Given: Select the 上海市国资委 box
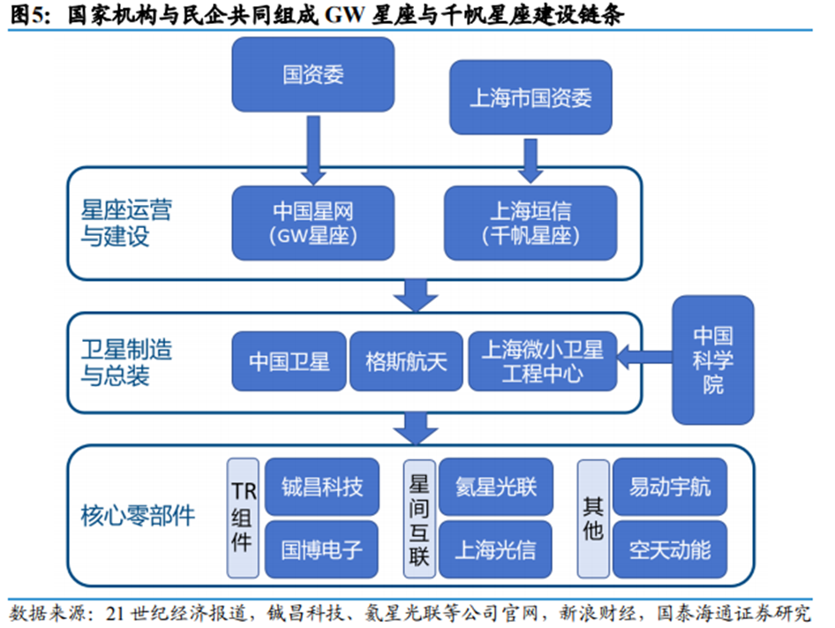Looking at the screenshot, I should tap(530, 97).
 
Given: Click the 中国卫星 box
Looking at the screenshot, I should tap(289, 361).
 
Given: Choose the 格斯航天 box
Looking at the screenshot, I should tap(406, 361).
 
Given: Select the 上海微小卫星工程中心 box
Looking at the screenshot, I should tap(541, 361).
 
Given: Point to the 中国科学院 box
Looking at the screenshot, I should tap(713, 359).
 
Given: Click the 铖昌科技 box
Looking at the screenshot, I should tap(321, 488).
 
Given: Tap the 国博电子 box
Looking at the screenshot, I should tap(321, 549).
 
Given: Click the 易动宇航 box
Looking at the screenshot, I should tap(670, 488).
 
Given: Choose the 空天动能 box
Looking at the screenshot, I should tap(670, 549).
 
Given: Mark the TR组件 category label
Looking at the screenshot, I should tap(243, 518).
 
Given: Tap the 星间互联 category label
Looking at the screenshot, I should tap(418, 518).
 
